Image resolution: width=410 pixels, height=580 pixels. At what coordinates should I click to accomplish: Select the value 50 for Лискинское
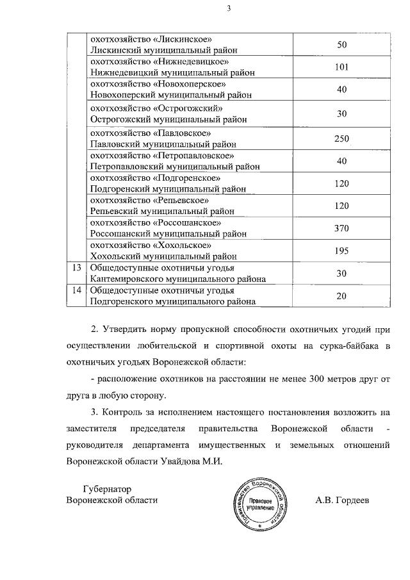tap(341, 44)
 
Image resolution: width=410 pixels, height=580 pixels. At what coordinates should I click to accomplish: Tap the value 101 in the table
tap(341, 67)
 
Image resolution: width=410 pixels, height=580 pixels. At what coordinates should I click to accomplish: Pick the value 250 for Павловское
tap(341, 138)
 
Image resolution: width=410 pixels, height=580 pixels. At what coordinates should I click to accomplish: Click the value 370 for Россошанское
tap(341, 228)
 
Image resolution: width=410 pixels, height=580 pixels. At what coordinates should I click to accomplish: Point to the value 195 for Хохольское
tap(341, 251)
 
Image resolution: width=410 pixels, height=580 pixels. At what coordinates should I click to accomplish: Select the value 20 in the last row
tap(341, 295)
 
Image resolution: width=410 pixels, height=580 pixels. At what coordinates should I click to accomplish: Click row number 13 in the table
tap(76, 267)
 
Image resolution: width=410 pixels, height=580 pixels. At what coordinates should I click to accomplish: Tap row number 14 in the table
tap(76, 290)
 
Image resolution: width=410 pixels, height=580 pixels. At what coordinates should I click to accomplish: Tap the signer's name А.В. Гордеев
tap(342, 499)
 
